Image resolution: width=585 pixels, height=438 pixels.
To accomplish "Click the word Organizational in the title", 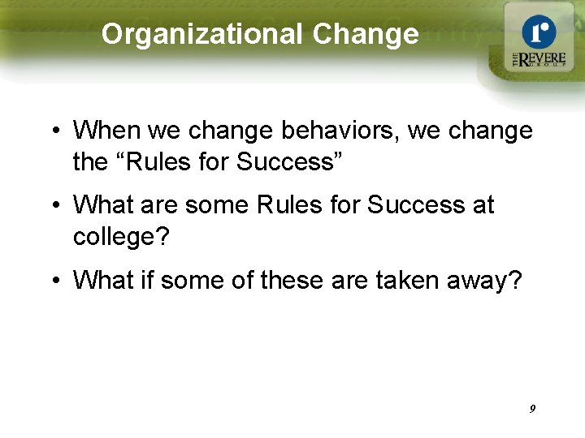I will (x=202, y=34).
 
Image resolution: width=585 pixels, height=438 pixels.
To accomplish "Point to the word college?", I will (x=123, y=237).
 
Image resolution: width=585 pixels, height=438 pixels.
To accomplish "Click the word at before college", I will (x=482, y=205).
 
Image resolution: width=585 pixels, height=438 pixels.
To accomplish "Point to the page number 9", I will (x=532, y=409).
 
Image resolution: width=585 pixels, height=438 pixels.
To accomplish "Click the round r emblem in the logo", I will (x=538, y=32).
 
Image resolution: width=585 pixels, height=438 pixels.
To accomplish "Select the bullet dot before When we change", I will (x=53, y=131).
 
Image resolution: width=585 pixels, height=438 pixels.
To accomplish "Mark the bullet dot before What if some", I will (x=53, y=281).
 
